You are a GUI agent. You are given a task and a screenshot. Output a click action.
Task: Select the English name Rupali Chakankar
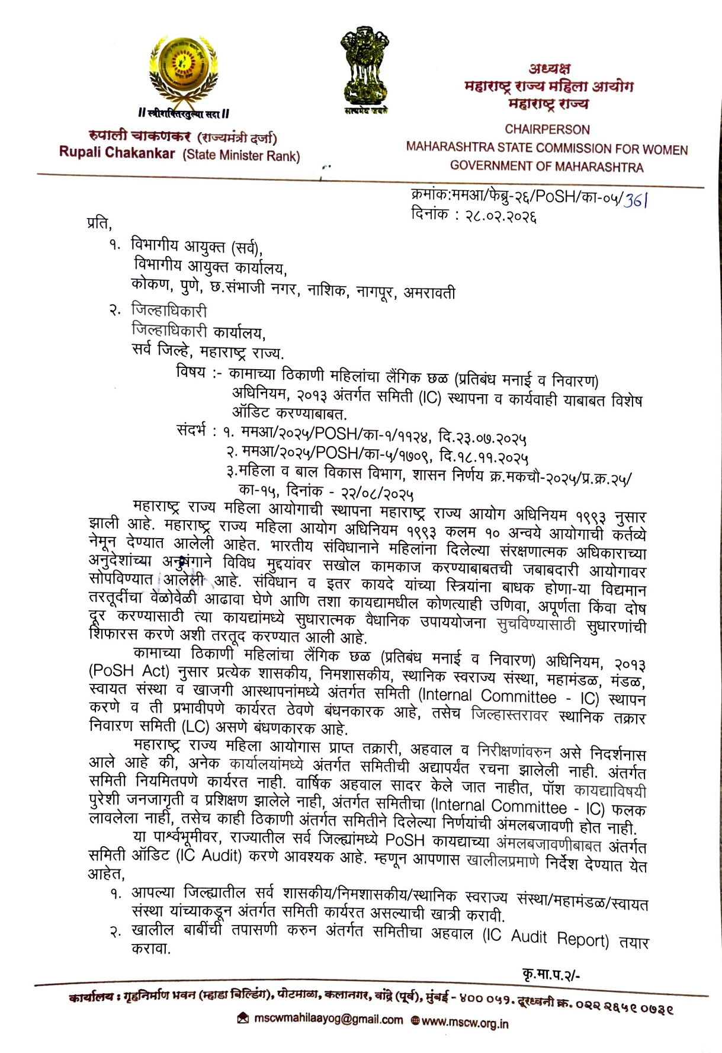coord(117,153)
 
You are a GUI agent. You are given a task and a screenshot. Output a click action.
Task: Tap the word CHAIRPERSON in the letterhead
coord(547,129)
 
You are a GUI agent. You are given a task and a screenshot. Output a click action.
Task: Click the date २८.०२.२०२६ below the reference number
coord(500,216)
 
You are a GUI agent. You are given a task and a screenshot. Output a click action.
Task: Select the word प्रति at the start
coord(99,223)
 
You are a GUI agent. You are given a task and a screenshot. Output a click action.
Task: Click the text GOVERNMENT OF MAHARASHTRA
coord(546,167)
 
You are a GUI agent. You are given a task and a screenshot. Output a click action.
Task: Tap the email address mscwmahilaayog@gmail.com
coord(328,1019)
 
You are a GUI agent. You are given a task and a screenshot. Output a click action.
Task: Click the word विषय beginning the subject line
coord(191,373)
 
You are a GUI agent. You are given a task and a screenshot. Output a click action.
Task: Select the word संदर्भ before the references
coord(192,430)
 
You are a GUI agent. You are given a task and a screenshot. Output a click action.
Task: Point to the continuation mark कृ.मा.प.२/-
coord(551,974)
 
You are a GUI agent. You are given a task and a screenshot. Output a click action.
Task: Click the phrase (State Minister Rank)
coord(241,156)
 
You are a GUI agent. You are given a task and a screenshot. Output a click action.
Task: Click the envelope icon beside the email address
coord(242,1018)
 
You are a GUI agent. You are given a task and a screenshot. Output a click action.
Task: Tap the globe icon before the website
coord(415,1021)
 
